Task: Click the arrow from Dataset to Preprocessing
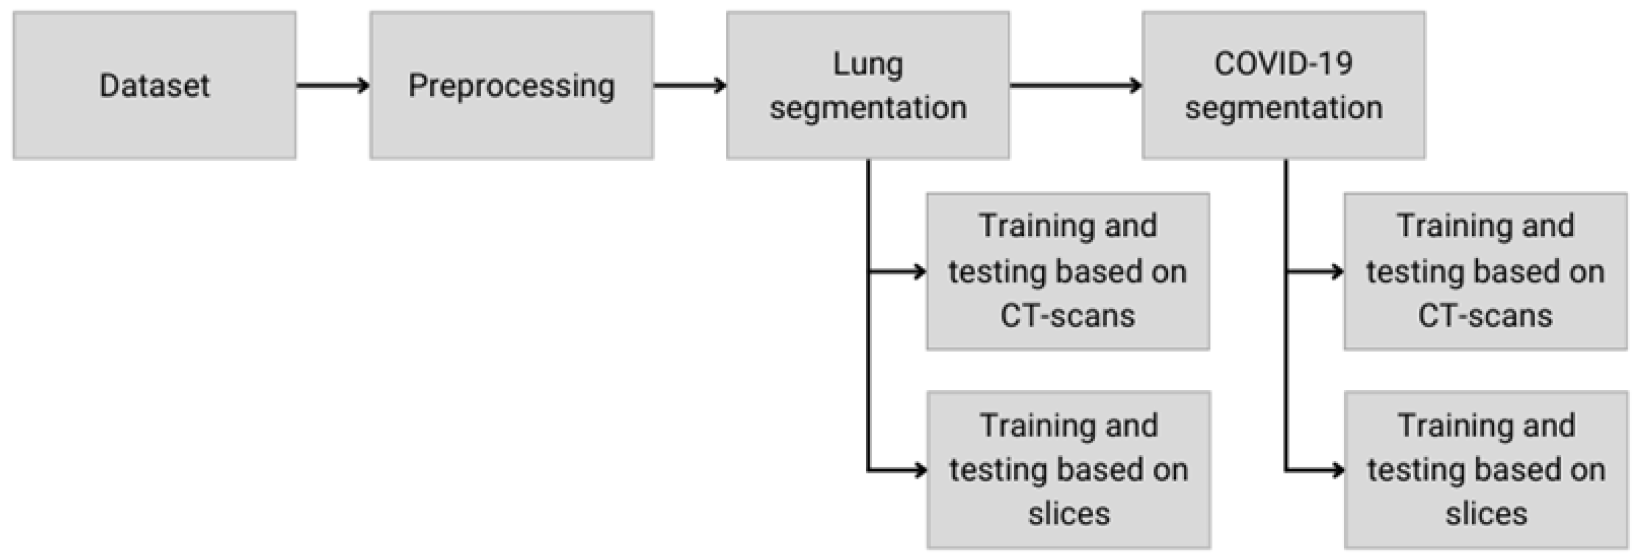coord(332,85)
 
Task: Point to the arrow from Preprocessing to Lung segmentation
coord(689,85)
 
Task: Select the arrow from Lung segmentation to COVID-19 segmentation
coord(1076,85)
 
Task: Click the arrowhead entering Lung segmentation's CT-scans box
coord(919,272)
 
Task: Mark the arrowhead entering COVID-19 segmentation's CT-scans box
coord(1337,272)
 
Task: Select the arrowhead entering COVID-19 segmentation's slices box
coord(1337,470)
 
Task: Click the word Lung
coord(868,65)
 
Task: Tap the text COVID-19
coord(1283,64)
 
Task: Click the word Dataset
coord(154,85)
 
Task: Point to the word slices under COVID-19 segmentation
coord(1486,514)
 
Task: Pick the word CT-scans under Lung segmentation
coord(1068,316)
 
